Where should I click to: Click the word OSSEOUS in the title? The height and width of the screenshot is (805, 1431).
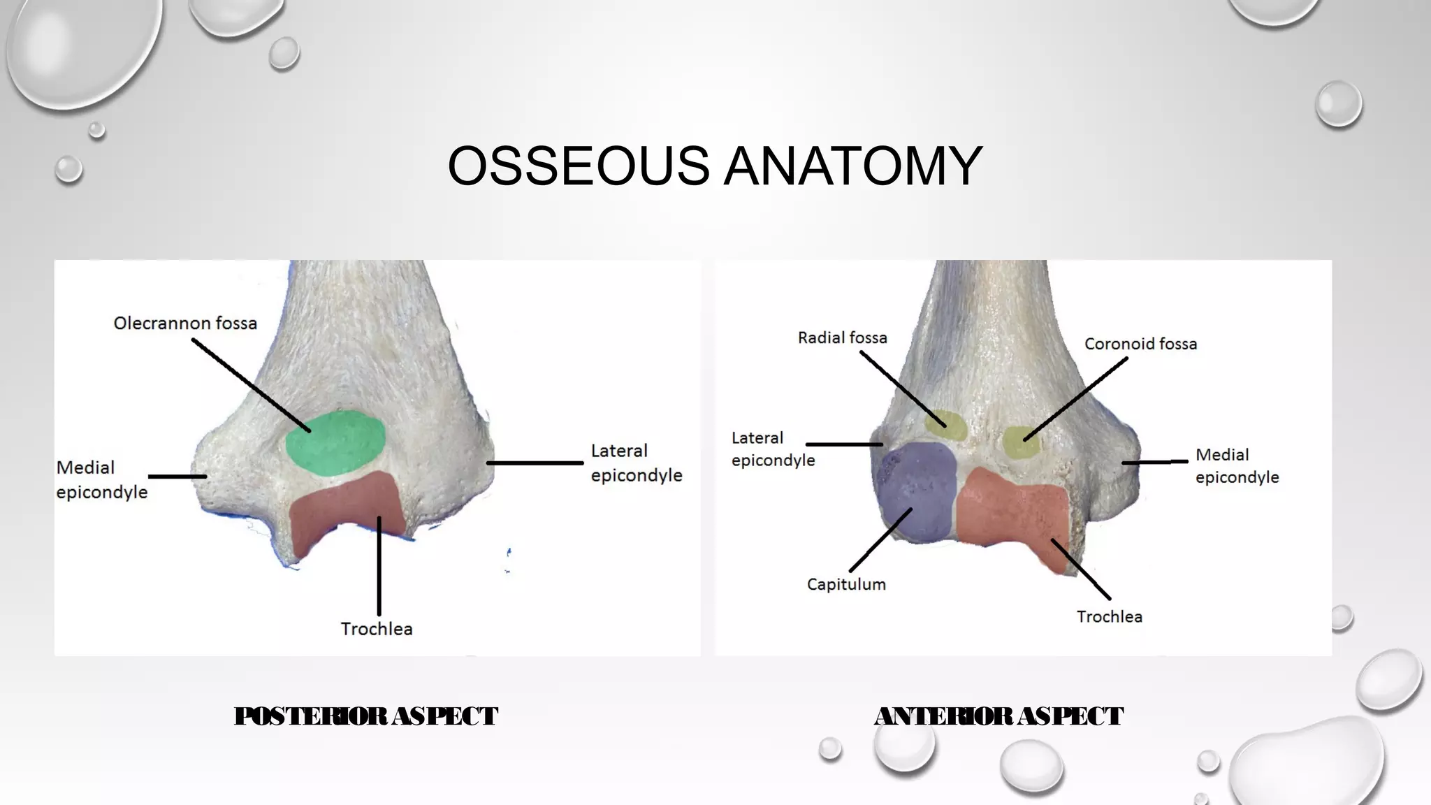[x=578, y=166]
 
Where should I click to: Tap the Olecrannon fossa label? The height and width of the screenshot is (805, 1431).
[x=185, y=324]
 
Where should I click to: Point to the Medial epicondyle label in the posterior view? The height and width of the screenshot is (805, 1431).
[x=101, y=479]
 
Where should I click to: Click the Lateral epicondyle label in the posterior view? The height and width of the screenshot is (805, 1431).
[x=636, y=463]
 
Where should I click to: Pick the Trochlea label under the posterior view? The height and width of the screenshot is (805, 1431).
[x=377, y=629]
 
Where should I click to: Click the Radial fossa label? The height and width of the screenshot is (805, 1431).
[x=842, y=338]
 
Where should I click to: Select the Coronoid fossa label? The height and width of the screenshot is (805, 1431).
[x=1140, y=344]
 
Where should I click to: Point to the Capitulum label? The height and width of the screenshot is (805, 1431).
[x=846, y=584]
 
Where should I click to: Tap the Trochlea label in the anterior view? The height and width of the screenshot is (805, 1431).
[x=1109, y=617]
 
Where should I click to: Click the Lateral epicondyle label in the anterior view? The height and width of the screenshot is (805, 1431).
[x=773, y=449]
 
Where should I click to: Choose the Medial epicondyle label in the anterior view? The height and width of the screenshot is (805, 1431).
[x=1237, y=465]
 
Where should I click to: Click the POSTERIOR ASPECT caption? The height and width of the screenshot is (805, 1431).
[x=365, y=716]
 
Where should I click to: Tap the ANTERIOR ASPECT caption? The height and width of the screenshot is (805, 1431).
[x=998, y=716]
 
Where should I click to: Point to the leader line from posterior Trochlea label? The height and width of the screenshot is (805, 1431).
[x=379, y=566]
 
